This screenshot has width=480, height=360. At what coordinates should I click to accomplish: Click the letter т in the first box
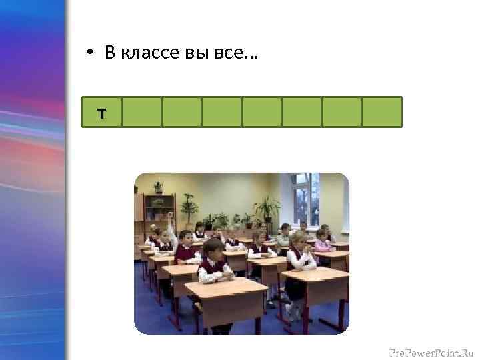pyautogui.click(x=101, y=113)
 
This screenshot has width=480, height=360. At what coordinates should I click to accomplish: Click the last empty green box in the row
pyautogui.click(x=381, y=112)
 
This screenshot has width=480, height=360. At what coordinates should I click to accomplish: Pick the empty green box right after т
pyautogui.click(x=141, y=112)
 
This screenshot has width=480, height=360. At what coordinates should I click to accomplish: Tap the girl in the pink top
pyautogui.click(x=323, y=241)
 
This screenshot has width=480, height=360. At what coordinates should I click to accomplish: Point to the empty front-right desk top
pyautogui.click(x=315, y=275)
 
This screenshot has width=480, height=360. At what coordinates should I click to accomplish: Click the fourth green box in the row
pyautogui.click(x=221, y=112)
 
